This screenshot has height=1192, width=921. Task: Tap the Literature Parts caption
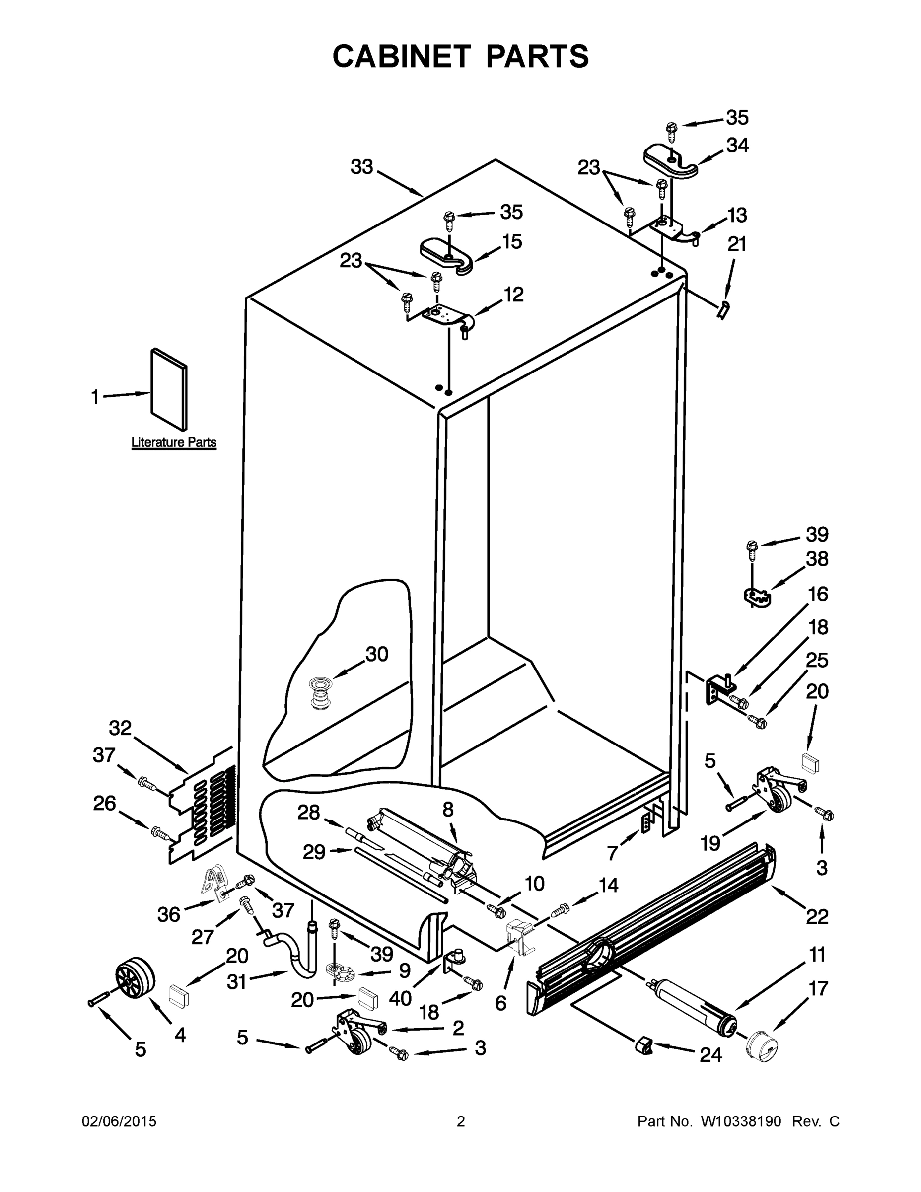(x=173, y=442)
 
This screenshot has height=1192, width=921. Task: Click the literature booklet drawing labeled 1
(x=169, y=389)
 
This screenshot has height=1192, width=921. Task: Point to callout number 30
(x=376, y=654)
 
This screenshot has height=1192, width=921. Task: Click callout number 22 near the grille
(x=817, y=916)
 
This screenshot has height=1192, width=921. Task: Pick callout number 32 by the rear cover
(x=120, y=728)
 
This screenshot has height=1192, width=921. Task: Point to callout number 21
(x=737, y=244)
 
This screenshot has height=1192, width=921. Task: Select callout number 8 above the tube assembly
(x=448, y=810)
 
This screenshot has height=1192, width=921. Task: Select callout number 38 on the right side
(x=817, y=559)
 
